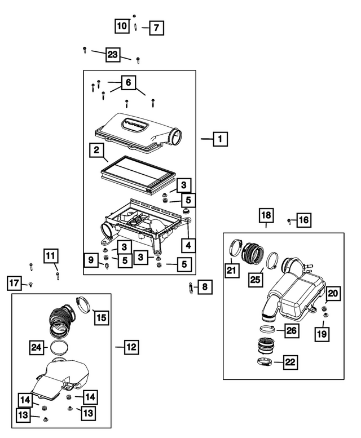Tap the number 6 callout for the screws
(128, 82)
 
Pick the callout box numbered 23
(113, 55)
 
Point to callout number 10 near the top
(122, 26)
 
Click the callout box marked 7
(156, 27)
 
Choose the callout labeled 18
(266, 215)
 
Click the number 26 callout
(291, 330)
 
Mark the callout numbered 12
(131, 347)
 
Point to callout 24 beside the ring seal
(37, 347)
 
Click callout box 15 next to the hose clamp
(100, 318)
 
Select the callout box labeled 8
(204, 288)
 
